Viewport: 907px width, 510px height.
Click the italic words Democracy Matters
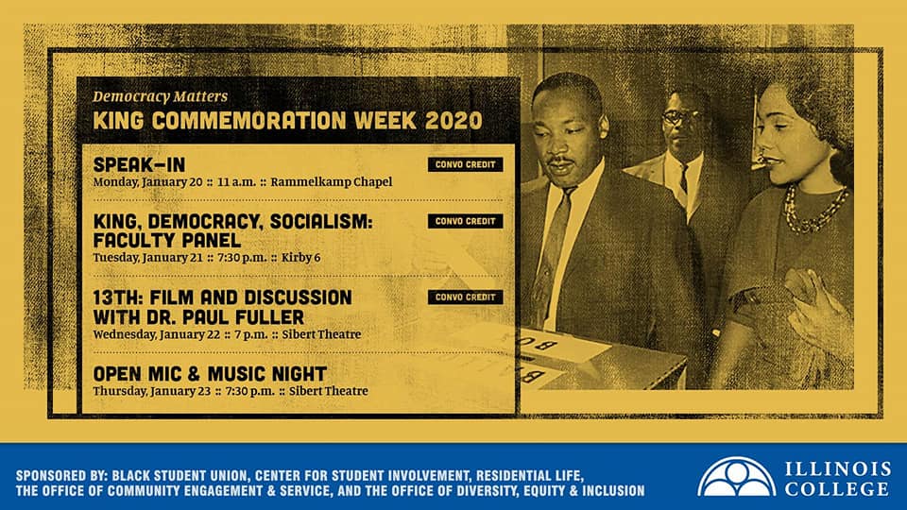click(x=161, y=96)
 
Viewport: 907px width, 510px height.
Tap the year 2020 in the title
click(x=453, y=121)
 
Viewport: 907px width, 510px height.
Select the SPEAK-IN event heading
click(x=140, y=164)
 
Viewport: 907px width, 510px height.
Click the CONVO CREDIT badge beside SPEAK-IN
click(x=465, y=164)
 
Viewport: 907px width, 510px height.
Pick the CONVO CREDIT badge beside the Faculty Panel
click(x=465, y=221)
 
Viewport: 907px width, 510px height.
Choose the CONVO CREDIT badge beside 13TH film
click(x=465, y=297)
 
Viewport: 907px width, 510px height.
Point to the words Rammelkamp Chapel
click(x=332, y=182)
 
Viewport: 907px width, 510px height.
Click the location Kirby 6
click(x=300, y=257)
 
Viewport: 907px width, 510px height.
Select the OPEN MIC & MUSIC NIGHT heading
click(x=210, y=374)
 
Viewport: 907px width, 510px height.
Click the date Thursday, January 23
click(x=151, y=391)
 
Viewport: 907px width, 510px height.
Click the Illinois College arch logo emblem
click(x=736, y=477)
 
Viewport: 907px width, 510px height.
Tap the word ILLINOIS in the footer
click(x=838, y=469)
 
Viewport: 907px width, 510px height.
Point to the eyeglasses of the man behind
click(x=681, y=117)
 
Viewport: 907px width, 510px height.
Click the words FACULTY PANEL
click(x=167, y=241)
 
